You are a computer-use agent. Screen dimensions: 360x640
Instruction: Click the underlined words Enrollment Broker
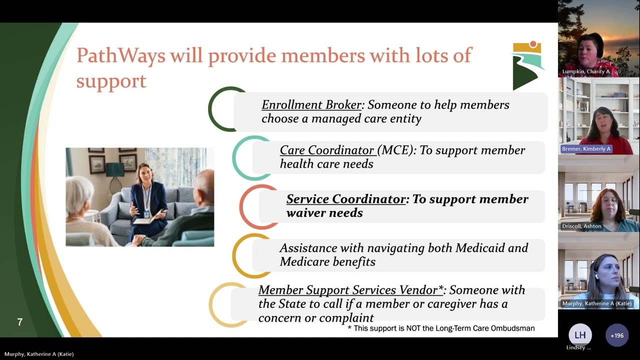(x=311, y=105)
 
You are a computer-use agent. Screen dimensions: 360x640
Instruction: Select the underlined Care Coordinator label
(x=327, y=150)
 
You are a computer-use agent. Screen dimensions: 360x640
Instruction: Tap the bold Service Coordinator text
(x=346, y=199)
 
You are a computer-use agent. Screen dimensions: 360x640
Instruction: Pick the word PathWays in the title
(x=121, y=55)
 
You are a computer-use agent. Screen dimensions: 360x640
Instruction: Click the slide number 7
(x=20, y=322)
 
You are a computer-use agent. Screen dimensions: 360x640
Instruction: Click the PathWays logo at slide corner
(x=527, y=65)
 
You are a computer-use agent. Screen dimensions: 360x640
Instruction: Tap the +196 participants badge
(x=617, y=335)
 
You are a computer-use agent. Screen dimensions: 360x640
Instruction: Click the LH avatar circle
(x=580, y=335)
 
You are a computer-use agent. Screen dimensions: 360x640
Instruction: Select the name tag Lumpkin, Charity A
(x=586, y=71)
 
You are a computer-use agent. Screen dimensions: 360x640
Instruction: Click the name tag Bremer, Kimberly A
(x=586, y=149)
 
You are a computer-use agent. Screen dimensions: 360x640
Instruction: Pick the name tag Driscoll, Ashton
(x=581, y=226)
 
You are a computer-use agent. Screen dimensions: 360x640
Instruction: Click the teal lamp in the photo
(x=114, y=171)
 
